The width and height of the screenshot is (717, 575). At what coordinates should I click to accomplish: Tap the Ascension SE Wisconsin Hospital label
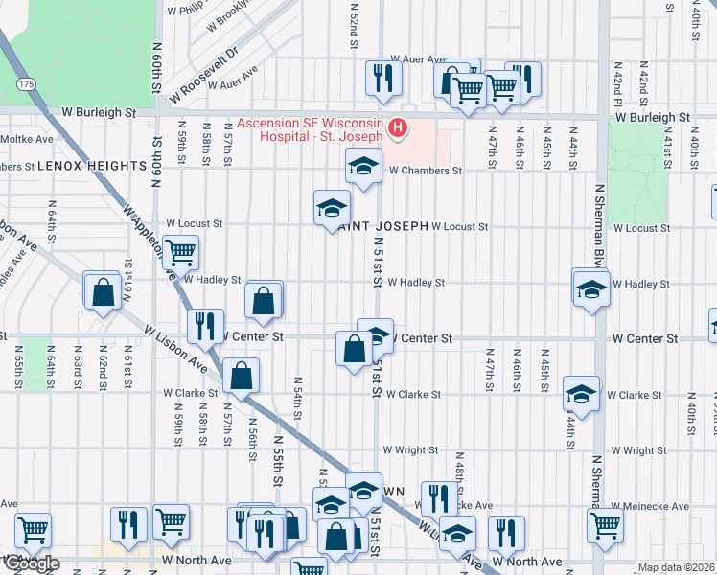click(311, 129)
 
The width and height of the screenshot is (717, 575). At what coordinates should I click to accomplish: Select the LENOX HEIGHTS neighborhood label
click(91, 166)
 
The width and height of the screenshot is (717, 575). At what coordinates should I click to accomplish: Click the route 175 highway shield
click(26, 85)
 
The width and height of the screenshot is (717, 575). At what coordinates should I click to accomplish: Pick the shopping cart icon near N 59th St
click(180, 252)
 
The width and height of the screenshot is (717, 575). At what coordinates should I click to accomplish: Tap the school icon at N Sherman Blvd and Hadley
click(591, 287)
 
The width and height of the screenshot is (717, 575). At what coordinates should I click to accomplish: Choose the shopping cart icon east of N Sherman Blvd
click(604, 525)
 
